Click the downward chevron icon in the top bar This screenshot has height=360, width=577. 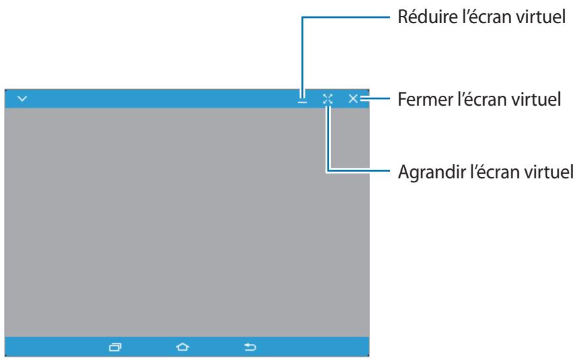pyautogui.click(x=22, y=98)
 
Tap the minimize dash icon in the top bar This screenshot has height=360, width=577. pyautogui.click(x=303, y=102)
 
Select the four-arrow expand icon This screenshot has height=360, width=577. pyautogui.click(x=328, y=99)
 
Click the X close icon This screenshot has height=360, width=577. pyautogui.click(x=353, y=98)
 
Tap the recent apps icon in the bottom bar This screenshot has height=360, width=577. pyautogui.click(x=115, y=347)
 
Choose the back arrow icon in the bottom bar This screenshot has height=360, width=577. pyautogui.click(x=250, y=347)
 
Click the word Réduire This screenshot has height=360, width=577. pyautogui.click(x=427, y=17)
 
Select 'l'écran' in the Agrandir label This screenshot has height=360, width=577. pyautogui.click(x=495, y=172)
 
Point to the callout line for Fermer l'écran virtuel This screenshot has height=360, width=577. pyautogui.click(x=375, y=98)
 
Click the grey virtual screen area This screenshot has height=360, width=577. pyautogui.click(x=187, y=222)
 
